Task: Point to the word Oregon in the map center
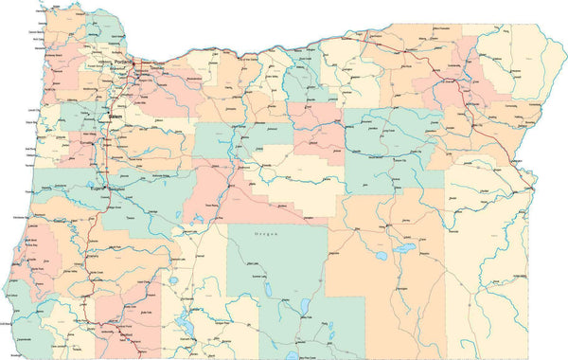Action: click(x=268, y=232)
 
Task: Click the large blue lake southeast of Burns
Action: click(x=406, y=250)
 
